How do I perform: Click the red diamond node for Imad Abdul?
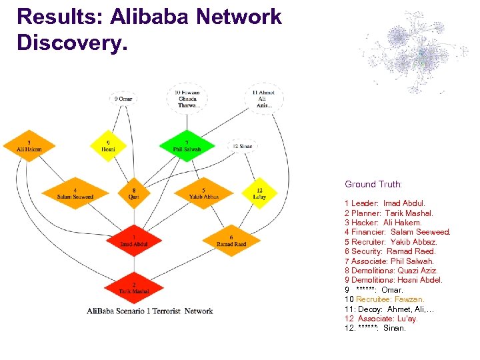click(134, 241)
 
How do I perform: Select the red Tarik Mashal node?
click(134, 288)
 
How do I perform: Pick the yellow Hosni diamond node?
click(108, 145)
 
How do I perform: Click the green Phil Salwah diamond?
click(187, 145)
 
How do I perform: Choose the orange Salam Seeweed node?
click(75, 193)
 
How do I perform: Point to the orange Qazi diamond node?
click(133, 193)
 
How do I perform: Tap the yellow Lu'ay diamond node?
click(259, 193)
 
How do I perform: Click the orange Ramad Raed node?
click(231, 241)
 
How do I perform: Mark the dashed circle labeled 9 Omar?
click(124, 99)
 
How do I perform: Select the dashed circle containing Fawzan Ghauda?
click(187, 99)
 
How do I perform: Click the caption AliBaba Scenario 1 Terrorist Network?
click(150, 311)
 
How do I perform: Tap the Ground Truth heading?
click(373, 184)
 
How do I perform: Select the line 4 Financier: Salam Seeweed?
click(397, 232)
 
